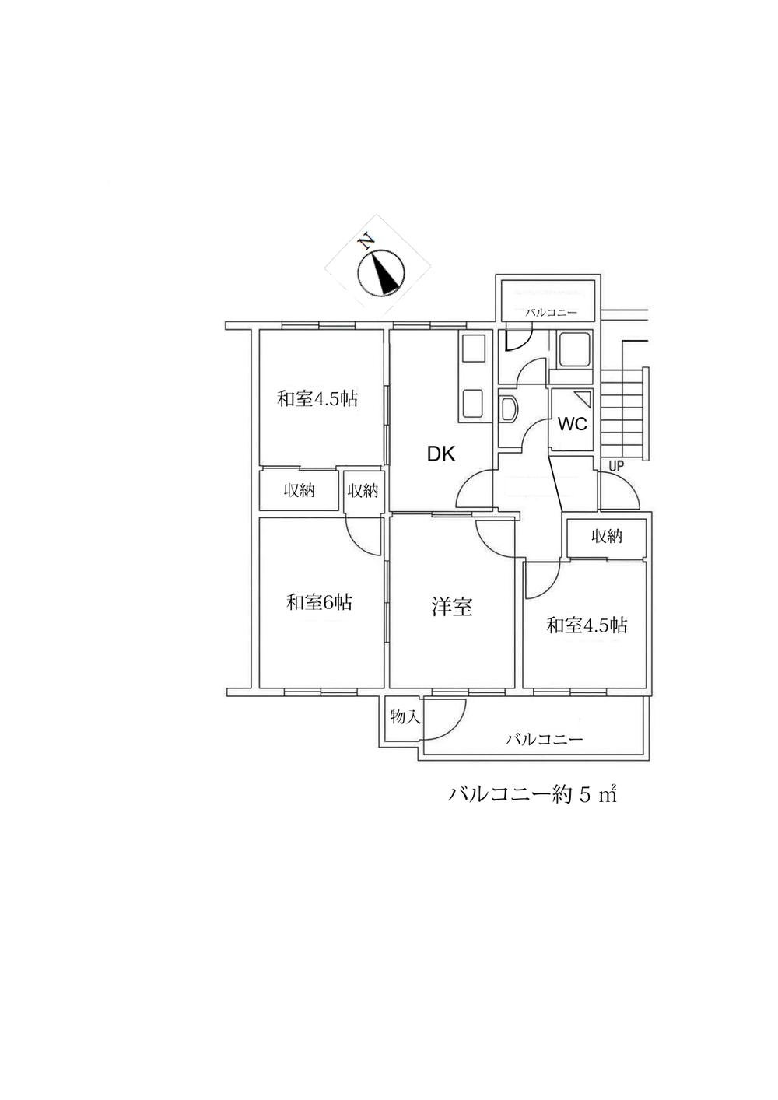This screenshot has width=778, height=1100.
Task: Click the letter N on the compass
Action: pyautogui.click(x=366, y=243)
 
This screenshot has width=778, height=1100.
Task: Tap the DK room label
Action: pyautogui.click(x=442, y=454)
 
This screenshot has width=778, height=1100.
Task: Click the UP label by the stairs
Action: pyautogui.click(x=616, y=466)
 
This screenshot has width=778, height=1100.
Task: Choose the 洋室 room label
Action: pyautogui.click(x=451, y=607)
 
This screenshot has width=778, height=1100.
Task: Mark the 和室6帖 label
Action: pyautogui.click(x=319, y=602)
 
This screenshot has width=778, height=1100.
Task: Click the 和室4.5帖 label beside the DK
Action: pyautogui.click(x=317, y=398)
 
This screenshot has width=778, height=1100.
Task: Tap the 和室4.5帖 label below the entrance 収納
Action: pyautogui.click(x=587, y=625)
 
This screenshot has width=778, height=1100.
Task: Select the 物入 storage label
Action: pyautogui.click(x=405, y=717)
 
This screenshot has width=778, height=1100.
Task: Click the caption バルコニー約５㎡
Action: pyautogui.click(x=532, y=808)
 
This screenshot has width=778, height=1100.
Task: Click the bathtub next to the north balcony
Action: pyautogui.click(x=575, y=349)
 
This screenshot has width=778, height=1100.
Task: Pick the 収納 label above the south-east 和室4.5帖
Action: pyautogui.click(x=607, y=537)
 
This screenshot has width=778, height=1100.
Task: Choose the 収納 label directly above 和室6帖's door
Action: pyautogui.click(x=363, y=490)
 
